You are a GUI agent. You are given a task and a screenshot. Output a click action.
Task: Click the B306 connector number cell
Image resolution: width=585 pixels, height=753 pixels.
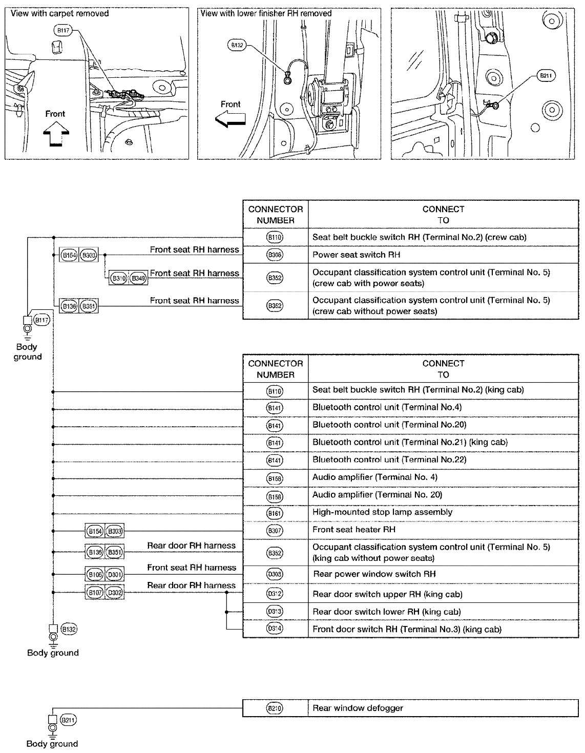click(x=275, y=255)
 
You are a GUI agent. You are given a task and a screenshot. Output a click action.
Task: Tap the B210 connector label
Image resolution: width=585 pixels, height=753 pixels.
click(x=275, y=708)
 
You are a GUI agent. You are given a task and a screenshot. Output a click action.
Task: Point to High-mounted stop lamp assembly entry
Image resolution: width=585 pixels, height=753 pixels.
click(x=383, y=512)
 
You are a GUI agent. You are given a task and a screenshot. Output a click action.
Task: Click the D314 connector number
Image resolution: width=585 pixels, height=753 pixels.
click(x=275, y=629)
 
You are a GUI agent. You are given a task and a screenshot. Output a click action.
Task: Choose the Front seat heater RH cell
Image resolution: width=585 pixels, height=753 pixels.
click(x=354, y=529)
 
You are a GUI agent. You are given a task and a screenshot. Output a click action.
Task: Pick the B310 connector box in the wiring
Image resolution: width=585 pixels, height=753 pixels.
click(x=118, y=278)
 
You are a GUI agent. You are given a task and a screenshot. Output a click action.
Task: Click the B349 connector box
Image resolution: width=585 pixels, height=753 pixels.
click(x=138, y=278)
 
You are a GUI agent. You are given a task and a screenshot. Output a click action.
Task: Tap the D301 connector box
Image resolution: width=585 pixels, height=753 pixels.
click(x=114, y=575)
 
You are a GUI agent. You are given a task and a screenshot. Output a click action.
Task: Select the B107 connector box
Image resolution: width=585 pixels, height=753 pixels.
click(x=95, y=593)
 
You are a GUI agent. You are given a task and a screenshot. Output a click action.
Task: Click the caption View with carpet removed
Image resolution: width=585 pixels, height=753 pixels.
click(x=60, y=13)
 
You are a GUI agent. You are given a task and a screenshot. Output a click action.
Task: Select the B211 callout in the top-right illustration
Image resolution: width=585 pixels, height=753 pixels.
click(x=545, y=76)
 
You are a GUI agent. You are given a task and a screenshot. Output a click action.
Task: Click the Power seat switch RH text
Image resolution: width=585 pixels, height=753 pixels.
click(x=357, y=255)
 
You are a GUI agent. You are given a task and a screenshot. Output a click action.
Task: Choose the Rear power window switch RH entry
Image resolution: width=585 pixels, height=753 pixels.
click(x=374, y=574)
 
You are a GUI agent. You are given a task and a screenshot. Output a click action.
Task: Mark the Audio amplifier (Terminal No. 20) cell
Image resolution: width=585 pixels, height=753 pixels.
click(x=377, y=494)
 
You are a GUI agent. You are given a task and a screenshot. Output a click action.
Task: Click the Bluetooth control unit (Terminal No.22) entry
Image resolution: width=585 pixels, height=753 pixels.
click(x=389, y=459)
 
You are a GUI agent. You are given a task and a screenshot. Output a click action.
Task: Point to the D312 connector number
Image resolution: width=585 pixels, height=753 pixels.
click(x=275, y=594)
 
